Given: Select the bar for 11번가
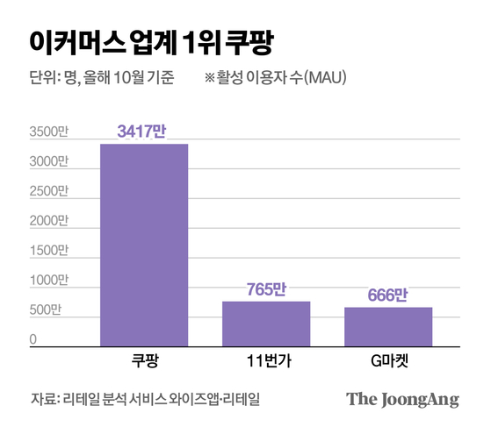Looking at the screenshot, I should [265, 324].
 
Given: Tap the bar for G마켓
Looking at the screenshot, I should [387, 326].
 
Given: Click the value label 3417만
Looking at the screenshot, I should [143, 132].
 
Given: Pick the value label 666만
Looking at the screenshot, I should [387, 295].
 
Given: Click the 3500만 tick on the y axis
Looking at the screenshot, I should [47, 132].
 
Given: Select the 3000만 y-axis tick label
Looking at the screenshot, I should [47, 162].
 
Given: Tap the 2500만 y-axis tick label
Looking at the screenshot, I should [47, 191].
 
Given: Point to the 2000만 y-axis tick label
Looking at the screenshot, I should [47, 221].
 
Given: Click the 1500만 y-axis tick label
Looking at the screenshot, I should [47, 251].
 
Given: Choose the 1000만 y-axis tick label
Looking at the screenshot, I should [47, 281].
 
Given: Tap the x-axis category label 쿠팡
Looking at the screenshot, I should [143, 362].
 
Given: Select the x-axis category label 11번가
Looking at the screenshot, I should [265, 362].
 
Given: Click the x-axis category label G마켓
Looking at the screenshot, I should [387, 362].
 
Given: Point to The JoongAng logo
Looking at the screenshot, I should [402, 399].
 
